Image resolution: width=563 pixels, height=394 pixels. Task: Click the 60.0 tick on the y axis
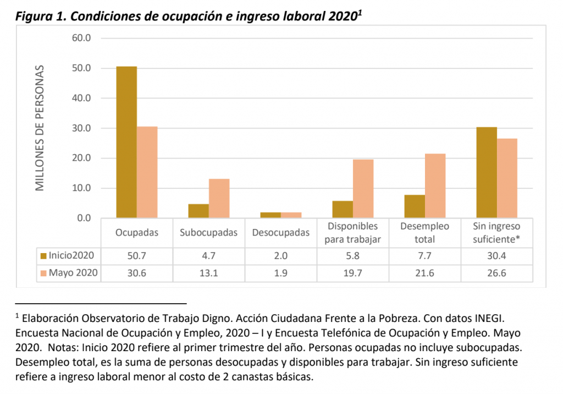(x=80, y=39)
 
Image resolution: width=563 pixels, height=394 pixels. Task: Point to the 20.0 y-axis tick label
(x=80, y=158)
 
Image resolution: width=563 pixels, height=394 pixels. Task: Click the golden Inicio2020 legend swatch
(x=43, y=255)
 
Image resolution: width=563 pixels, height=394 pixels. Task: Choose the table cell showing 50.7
(x=136, y=256)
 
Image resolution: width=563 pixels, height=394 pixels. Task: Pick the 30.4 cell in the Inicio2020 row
(x=497, y=256)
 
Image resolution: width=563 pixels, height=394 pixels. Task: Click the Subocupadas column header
(x=208, y=232)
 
